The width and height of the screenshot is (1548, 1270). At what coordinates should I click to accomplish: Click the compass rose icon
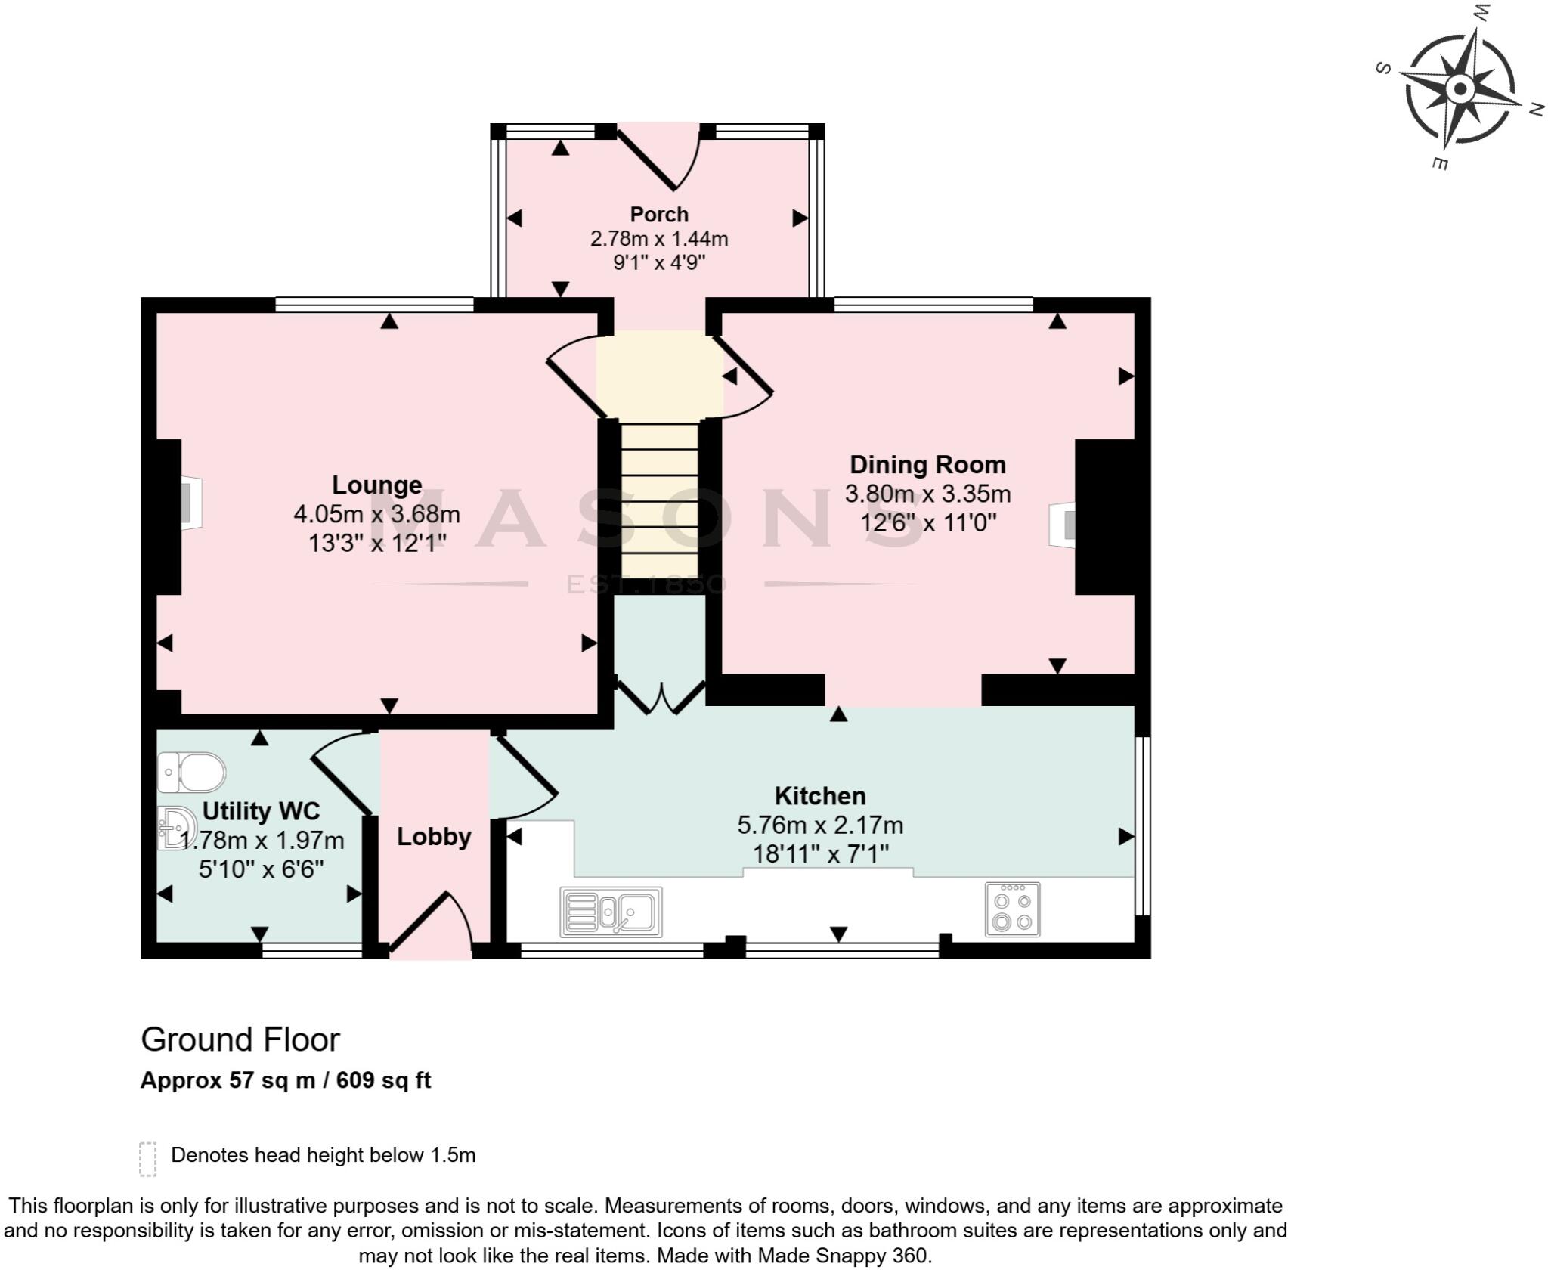point(1460,90)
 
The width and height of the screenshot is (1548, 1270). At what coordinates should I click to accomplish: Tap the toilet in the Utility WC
point(192,772)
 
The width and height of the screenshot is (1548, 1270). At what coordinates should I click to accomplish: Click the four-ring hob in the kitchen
point(1012,909)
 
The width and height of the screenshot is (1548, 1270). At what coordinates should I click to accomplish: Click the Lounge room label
point(376,485)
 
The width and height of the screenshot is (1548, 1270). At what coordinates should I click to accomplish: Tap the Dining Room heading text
point(927,464)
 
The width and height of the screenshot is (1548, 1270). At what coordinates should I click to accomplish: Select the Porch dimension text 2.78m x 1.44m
point(659,239)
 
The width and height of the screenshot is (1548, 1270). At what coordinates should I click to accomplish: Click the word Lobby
point(434,837)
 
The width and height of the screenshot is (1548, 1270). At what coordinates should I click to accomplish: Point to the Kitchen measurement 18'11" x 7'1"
point(820,854)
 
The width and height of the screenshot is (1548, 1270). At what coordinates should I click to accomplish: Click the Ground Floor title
point(240,1040)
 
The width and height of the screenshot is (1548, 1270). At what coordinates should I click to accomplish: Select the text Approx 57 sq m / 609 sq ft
point(286,1080)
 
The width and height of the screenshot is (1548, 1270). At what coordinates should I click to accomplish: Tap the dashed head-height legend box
point(147,1159)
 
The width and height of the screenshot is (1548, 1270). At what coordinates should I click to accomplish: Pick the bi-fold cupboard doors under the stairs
point(661,697)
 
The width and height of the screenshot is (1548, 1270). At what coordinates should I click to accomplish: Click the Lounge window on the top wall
point(374,305)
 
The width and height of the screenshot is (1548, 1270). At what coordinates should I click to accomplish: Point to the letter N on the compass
point(1535,110)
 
